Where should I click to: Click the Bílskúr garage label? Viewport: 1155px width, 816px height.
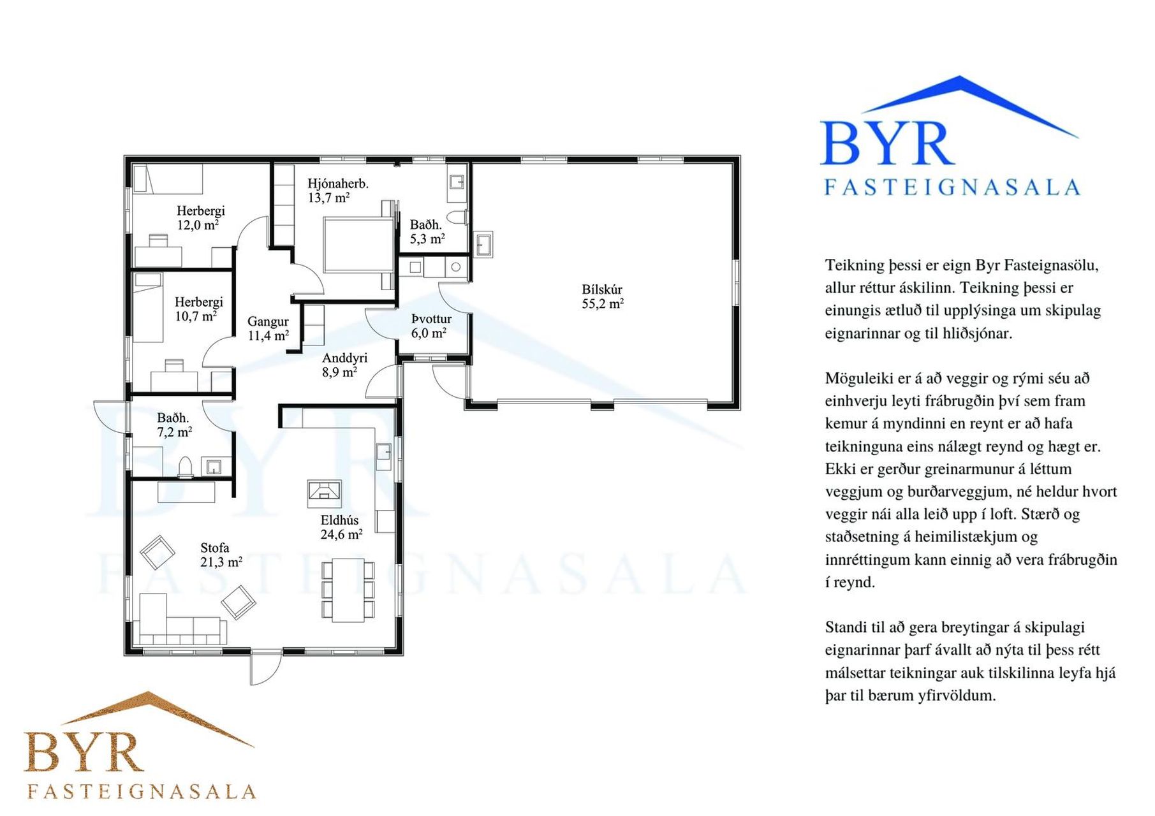(x=601, y=289)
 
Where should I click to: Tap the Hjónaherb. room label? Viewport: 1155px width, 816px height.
(x=337, y=184)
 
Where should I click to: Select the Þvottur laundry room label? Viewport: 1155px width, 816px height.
(x=431, y=319)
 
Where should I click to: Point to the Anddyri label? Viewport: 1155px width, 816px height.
(x=344, y=358)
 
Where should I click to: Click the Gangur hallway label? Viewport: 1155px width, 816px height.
(x=268, y=322)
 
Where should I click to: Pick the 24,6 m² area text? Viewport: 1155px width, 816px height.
(x=341, y=534)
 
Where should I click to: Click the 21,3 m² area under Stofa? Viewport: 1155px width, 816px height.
(x=221, y=562)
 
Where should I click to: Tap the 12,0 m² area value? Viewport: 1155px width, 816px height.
(x=198, y=225)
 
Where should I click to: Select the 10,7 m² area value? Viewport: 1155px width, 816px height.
(x=196, y=316)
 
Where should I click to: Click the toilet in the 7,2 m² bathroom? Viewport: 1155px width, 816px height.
(x=186, y=467)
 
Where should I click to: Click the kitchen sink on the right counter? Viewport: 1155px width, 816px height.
(x=384, y=451)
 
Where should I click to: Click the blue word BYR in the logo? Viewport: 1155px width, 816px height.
(x=886, y=144)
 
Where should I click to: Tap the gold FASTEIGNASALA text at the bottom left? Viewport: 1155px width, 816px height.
(x=142, y=792)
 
